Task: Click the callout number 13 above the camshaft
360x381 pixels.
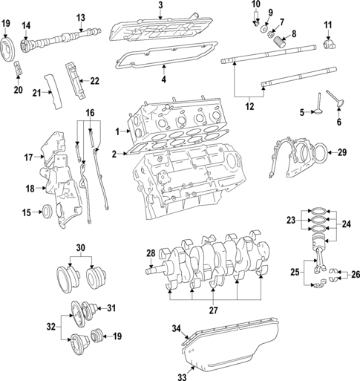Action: click(81, 17)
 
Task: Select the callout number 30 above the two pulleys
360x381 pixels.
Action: click(80, 249)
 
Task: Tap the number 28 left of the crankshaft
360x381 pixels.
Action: click(150, 255)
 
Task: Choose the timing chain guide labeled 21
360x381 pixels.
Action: click(50, 85)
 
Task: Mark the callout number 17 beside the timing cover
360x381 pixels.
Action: click(28, 157)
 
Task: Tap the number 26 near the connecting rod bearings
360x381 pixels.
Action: click(355, 274)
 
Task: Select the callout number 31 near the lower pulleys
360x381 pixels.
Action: click(112, 308)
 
